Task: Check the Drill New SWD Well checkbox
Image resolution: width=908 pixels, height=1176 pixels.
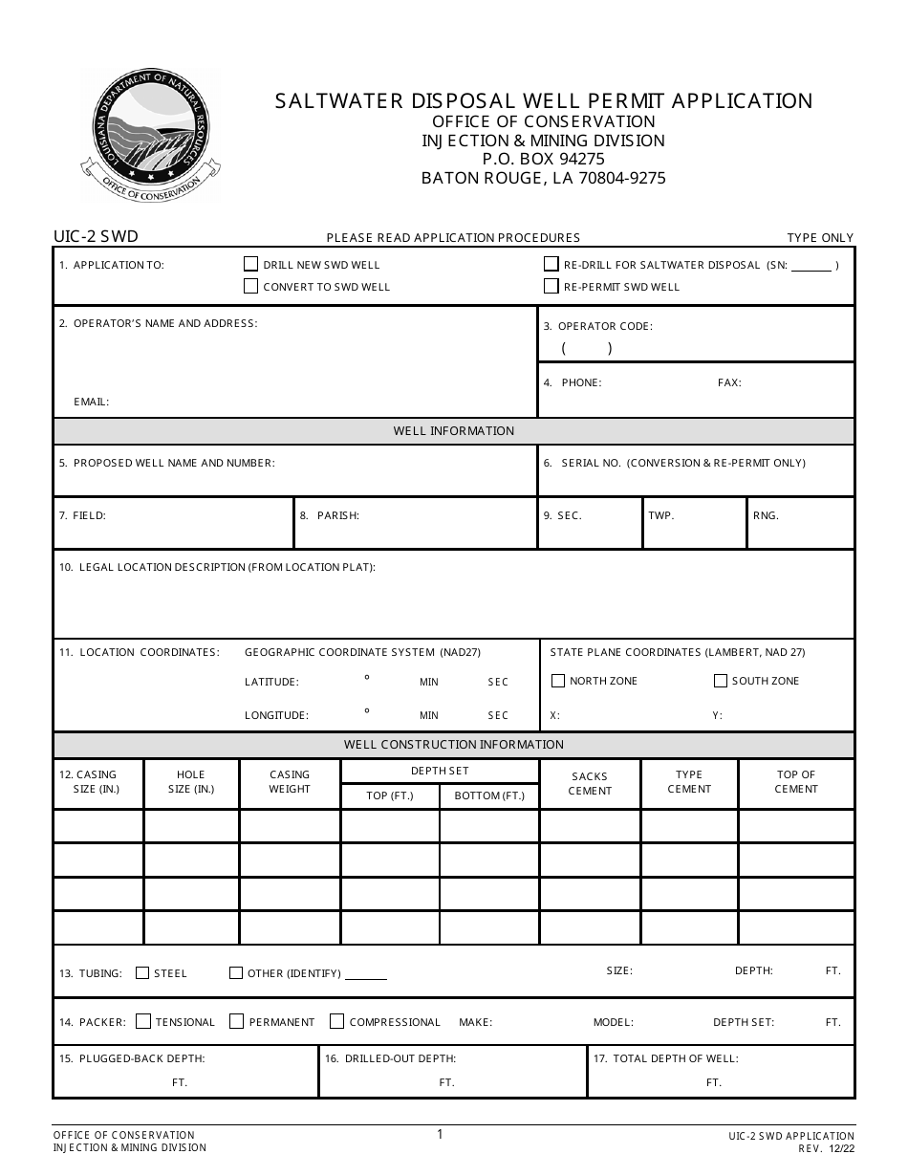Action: [251, 264]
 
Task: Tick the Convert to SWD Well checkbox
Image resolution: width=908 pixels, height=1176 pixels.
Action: [251, 286]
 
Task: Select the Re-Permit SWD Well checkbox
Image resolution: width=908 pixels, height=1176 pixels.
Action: [551, 286]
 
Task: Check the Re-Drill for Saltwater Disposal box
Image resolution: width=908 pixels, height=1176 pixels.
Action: [551, 264]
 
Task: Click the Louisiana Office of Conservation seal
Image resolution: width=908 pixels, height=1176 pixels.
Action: [150, 137]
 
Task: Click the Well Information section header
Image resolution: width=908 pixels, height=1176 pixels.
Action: [454, 431]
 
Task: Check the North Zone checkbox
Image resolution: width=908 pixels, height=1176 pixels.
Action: [558, 681]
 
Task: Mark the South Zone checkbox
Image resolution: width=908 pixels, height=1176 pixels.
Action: [721, 681]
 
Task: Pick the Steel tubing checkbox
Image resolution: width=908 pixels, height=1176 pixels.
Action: [142, 973]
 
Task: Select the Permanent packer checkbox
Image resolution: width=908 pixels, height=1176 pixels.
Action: [237, 1021]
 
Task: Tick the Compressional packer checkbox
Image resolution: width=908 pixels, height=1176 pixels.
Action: [336, 1021]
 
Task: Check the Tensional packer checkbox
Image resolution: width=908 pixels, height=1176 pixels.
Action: [143, 1021]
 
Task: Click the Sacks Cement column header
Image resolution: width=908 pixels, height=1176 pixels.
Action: [590, 784]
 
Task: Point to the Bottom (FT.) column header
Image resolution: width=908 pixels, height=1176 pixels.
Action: [489, 795]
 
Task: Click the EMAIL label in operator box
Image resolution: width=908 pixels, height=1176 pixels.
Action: [92, 402]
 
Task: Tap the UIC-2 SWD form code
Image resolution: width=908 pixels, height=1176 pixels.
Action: [97, 236]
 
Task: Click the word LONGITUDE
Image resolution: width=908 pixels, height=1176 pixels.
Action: [276, 715]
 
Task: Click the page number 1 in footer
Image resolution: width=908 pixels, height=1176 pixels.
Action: [440, 1135]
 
